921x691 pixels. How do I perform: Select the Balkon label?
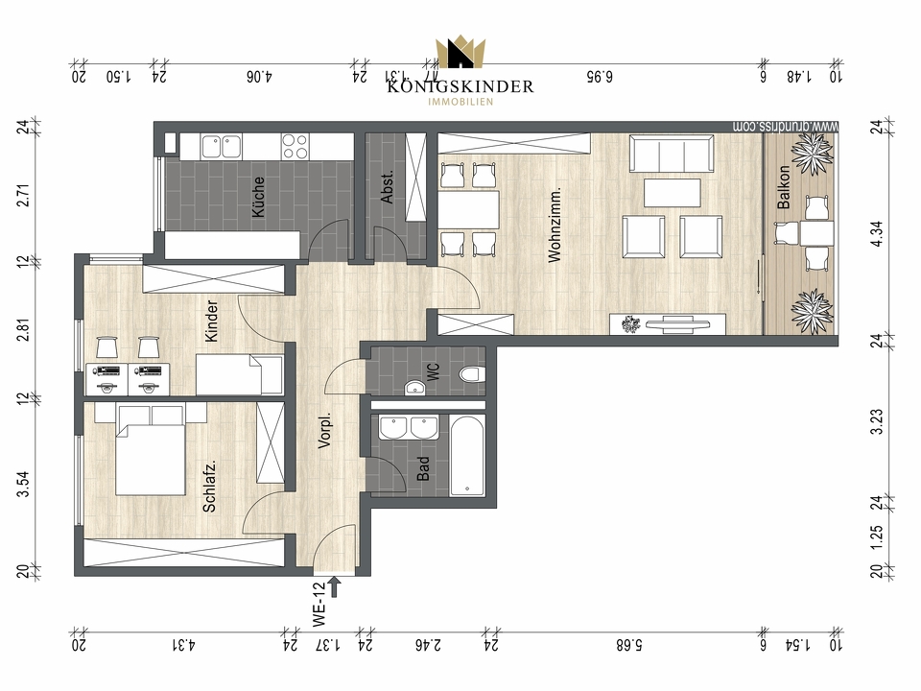point(784,189)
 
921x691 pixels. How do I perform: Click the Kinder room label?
point(212,322)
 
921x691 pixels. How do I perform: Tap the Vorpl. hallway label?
point(324,433)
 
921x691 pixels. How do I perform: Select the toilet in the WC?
point(471,375)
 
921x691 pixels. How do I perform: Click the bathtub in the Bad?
point(468,455)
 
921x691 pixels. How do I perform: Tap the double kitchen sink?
point(222,146)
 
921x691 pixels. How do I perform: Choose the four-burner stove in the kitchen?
point(294,146)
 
